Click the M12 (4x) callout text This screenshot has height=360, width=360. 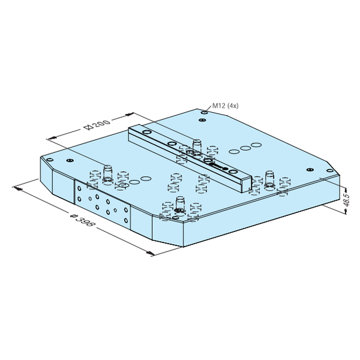225,106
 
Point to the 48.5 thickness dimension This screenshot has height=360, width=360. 347,200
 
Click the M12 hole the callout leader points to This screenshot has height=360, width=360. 205,112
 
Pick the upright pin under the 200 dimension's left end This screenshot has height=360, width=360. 107,172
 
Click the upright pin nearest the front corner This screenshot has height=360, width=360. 180,203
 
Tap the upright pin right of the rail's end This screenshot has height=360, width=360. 269,178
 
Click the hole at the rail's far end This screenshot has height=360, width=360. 147,132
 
